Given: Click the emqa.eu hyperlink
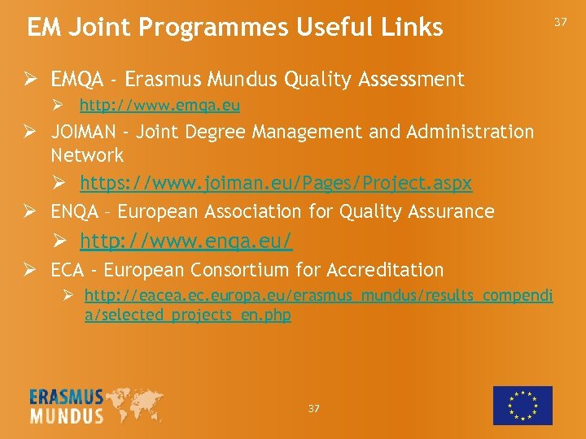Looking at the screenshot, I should (160, 106).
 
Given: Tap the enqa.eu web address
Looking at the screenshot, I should (186, 241).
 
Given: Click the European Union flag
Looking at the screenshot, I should (523, 406).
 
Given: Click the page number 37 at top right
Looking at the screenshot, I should (560, 23).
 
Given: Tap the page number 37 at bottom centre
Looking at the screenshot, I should (314, 408).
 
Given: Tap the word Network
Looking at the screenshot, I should (87, 155).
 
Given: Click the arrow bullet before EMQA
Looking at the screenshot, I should (33, 80).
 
